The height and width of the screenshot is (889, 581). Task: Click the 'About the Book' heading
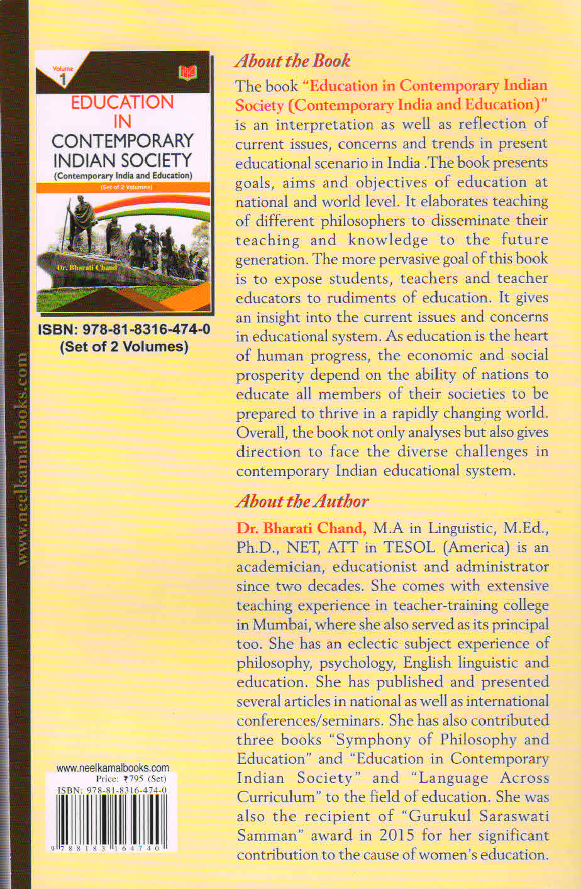(x=292, y=61)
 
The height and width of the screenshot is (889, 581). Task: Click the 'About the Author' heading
(x=302, y=501)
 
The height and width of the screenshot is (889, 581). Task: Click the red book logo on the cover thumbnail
(x=187, y=73)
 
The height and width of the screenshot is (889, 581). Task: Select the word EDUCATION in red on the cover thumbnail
(x=122, y=102)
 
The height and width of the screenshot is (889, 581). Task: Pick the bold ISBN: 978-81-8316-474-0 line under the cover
(x=124, y=329)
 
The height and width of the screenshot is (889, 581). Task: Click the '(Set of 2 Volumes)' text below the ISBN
(x=124, y=346)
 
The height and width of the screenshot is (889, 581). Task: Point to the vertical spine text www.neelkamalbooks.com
(x=22, y=459)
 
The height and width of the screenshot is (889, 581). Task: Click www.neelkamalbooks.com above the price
(x=113, y=768)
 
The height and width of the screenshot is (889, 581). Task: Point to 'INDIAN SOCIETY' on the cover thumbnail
(x=123, y=159)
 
